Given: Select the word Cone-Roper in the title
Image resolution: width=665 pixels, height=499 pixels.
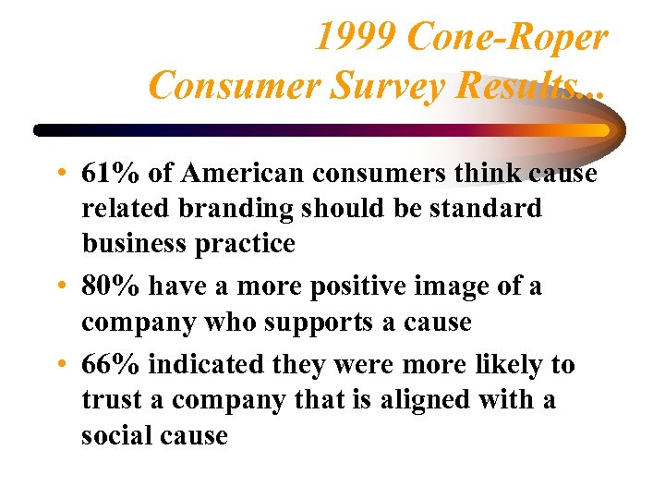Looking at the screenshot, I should click(x=506, y=38).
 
